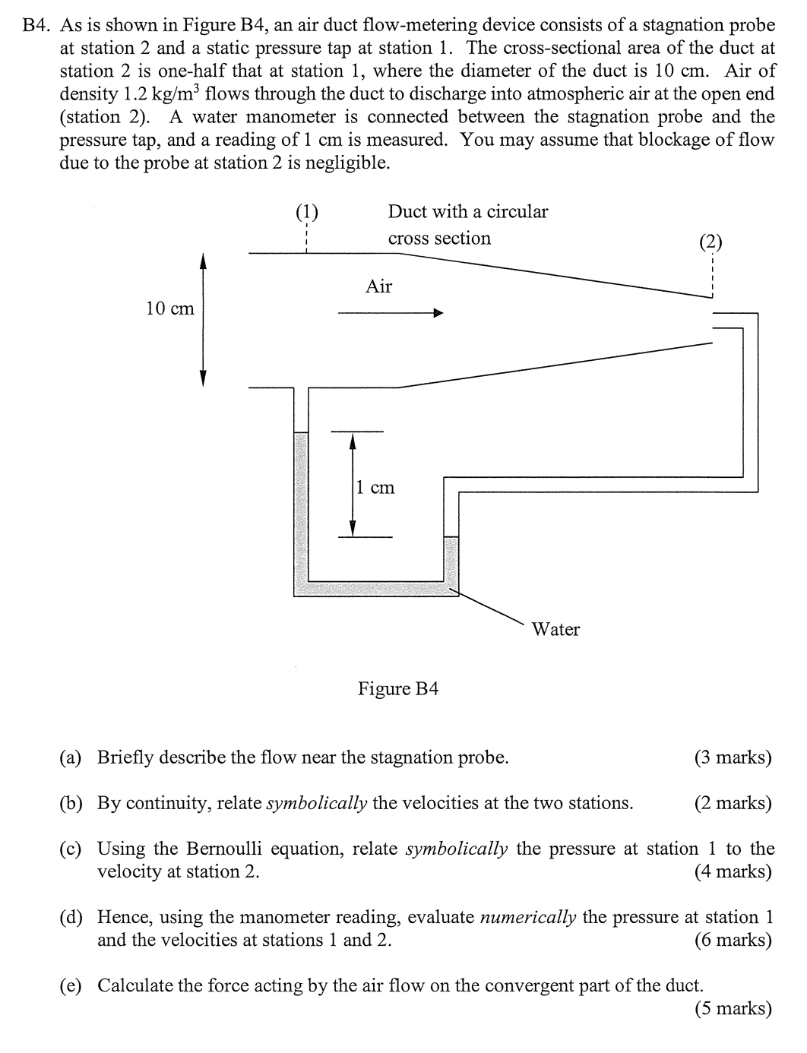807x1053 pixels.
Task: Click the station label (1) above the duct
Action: [306, 212]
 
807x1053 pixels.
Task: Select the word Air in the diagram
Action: [378, 286]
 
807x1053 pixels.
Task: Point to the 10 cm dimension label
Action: [170, 308]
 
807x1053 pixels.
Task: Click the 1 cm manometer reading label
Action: [375, 487]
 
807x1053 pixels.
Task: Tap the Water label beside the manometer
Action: [555, 629]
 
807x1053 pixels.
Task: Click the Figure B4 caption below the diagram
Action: [398, 688]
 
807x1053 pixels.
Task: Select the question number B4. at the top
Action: [37, 25]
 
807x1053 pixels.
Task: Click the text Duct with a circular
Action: [467, 211]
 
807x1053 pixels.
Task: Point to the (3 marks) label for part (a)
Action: [733, 757]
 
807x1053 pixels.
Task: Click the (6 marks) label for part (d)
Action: [733, 940]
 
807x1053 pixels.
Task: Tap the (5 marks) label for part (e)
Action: [733, 1008]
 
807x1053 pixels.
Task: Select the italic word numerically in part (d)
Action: [527, 917]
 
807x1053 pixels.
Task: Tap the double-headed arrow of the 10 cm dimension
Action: [203, 320]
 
